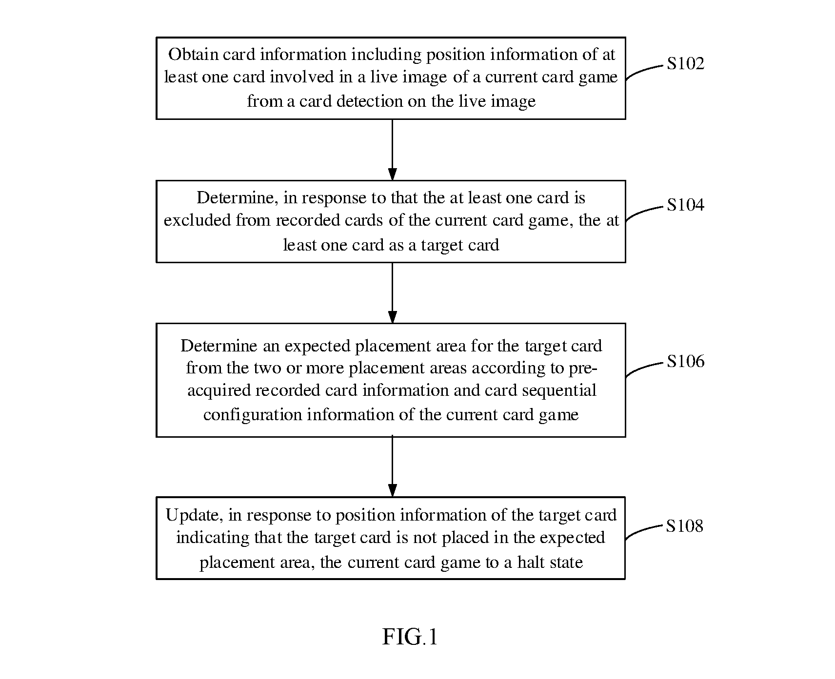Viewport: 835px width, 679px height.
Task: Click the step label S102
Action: (x=685, y=63)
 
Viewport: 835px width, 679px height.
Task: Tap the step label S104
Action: (x=685, y=205)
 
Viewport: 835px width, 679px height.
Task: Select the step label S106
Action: (x=685, y=361)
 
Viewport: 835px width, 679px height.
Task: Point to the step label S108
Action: (x=684, y=525)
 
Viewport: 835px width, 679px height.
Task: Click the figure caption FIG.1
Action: (x=410, y=637)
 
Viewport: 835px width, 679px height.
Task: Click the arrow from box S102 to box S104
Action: (x=392, y=150)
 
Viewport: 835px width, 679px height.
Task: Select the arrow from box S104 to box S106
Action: (x=392, y=293)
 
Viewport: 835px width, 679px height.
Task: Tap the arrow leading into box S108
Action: (x=392, y=466)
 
